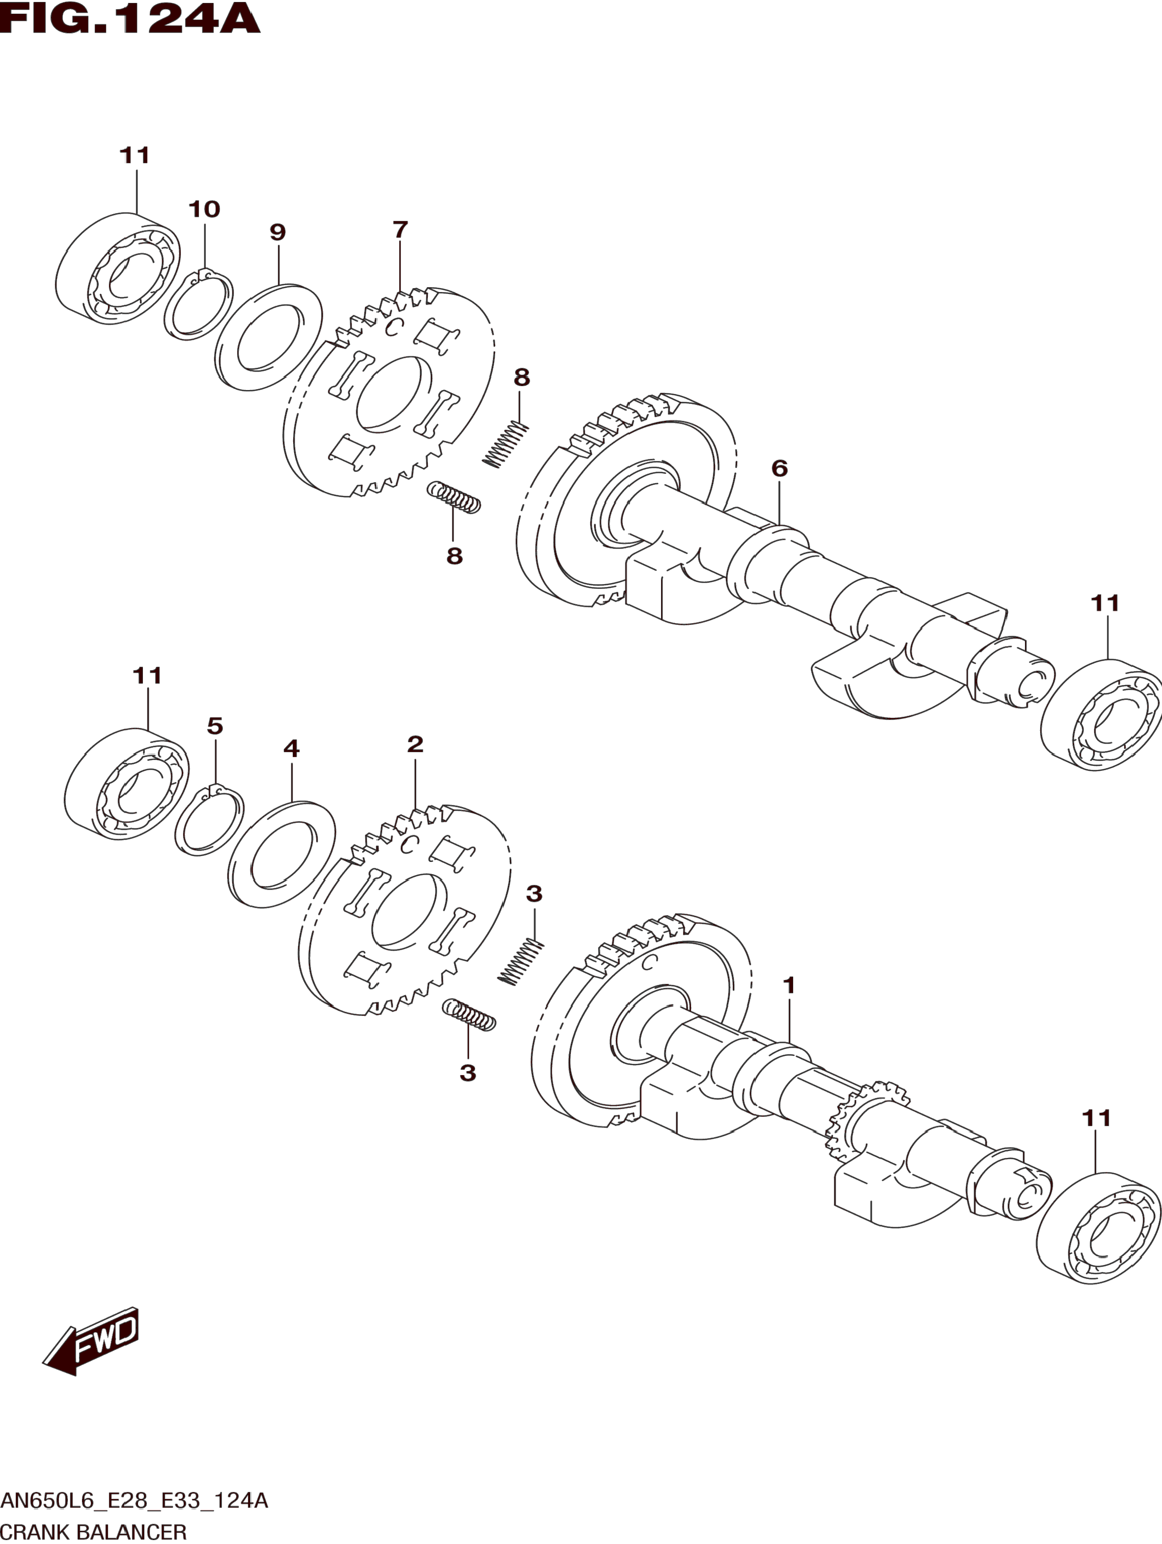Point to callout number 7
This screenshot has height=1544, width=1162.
coord(400,230)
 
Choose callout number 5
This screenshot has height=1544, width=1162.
coord(215,726)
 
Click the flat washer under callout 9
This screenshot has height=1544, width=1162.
coord(269,336)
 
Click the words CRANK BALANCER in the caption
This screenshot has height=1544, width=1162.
coord(94,1531)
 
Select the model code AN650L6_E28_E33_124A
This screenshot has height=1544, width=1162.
coord(134,1501)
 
